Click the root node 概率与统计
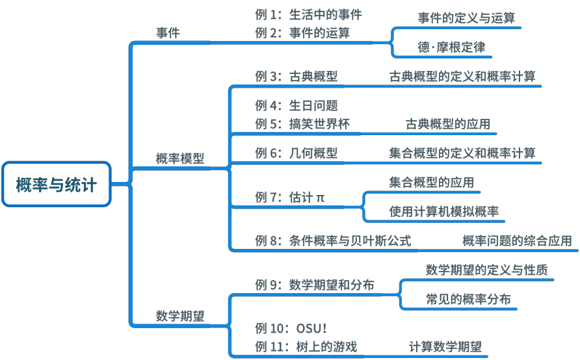tap(57, 185)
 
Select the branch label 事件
tap(168, 32)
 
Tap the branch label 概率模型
tap(180, 158)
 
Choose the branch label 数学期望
tap(180, 316)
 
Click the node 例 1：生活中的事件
tap(308, 14)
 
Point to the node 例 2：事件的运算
tap(302, 32)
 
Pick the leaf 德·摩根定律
tap(451, 47)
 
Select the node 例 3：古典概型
tap(297, 76)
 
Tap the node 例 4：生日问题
tap(297, 105)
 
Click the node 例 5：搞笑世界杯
tap(302, 123)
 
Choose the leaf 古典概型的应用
tap(448, 123)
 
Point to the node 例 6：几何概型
tap(297, 153)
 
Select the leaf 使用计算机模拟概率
tap(444, 211)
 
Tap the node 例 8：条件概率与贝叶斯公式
tap(333, 240)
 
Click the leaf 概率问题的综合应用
tap(517, 240)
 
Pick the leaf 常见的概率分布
tap(468, 299)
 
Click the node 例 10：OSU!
tap(291, 328)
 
